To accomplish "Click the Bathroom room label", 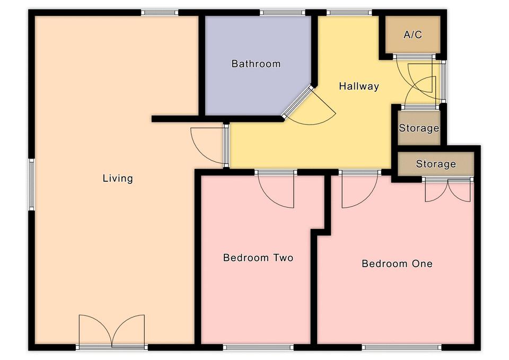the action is pyautogui.click(x=256, y=64).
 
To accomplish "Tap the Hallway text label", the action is pyautogui.click(x=359, y=86).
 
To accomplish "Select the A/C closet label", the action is pyautogui.click(x=413, y=34).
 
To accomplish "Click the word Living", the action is pyautogui.click(x=118, y=178).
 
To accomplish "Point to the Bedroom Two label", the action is pyautogui.click(x=258, y=258).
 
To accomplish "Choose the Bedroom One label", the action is pyautogui.click(x=397, y=264).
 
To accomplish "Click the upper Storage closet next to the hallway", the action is pyautogui.click(x=419, y=128).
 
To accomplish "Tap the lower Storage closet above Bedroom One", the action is pyautogui.click(x=436, y=164).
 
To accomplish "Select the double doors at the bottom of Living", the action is pyautogui.click(x=112, y=331).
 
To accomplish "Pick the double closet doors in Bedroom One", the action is pyautogui.click(x=448, y=190).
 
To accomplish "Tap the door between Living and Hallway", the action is pyautogui.click(x=209, y=145).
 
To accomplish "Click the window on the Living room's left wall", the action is pyautogui.click(x=31, y=185).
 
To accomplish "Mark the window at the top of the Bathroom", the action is pyautogui.click(x=283, y=13).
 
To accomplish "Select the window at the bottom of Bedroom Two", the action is pyautogui.click(x=258, y=348).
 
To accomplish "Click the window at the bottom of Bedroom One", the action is pyautogui.click(x=402, y=348).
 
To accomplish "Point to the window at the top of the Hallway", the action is pyautogui.click(x=349, y=13).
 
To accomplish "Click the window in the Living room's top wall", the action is pyautogui.click(x=160, y=13).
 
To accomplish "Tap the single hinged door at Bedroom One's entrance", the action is pyautogui.click(x=360, y=189).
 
